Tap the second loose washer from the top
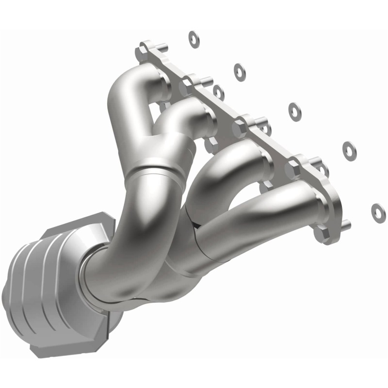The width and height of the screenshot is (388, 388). click(239, 71)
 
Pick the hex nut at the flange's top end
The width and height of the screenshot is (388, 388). click(144, 49)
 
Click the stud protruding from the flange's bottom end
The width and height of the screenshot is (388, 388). click(345, 224)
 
